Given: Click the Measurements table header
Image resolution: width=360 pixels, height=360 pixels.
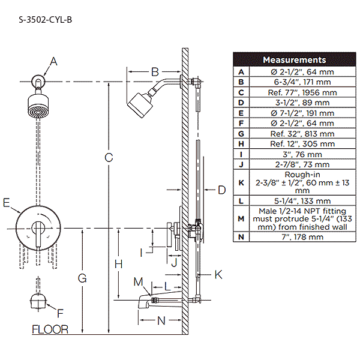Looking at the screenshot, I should [294, 60].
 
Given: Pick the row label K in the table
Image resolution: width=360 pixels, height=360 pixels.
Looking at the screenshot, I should [241, 182].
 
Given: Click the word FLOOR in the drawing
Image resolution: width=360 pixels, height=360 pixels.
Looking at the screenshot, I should [50, 329].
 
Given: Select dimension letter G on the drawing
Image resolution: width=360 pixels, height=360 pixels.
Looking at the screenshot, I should [82, 278].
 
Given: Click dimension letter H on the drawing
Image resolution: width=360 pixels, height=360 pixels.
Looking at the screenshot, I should [118, 263].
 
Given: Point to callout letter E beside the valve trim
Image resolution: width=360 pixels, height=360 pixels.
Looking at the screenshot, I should [7, 203].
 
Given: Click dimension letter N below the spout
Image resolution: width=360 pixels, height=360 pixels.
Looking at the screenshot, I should [161, 320].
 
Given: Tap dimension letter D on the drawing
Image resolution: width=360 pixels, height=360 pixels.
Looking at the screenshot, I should [221, 190].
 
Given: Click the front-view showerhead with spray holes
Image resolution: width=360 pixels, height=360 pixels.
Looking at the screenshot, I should [38, 106].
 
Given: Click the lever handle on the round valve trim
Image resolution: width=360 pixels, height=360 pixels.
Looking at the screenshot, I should [38, 231].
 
